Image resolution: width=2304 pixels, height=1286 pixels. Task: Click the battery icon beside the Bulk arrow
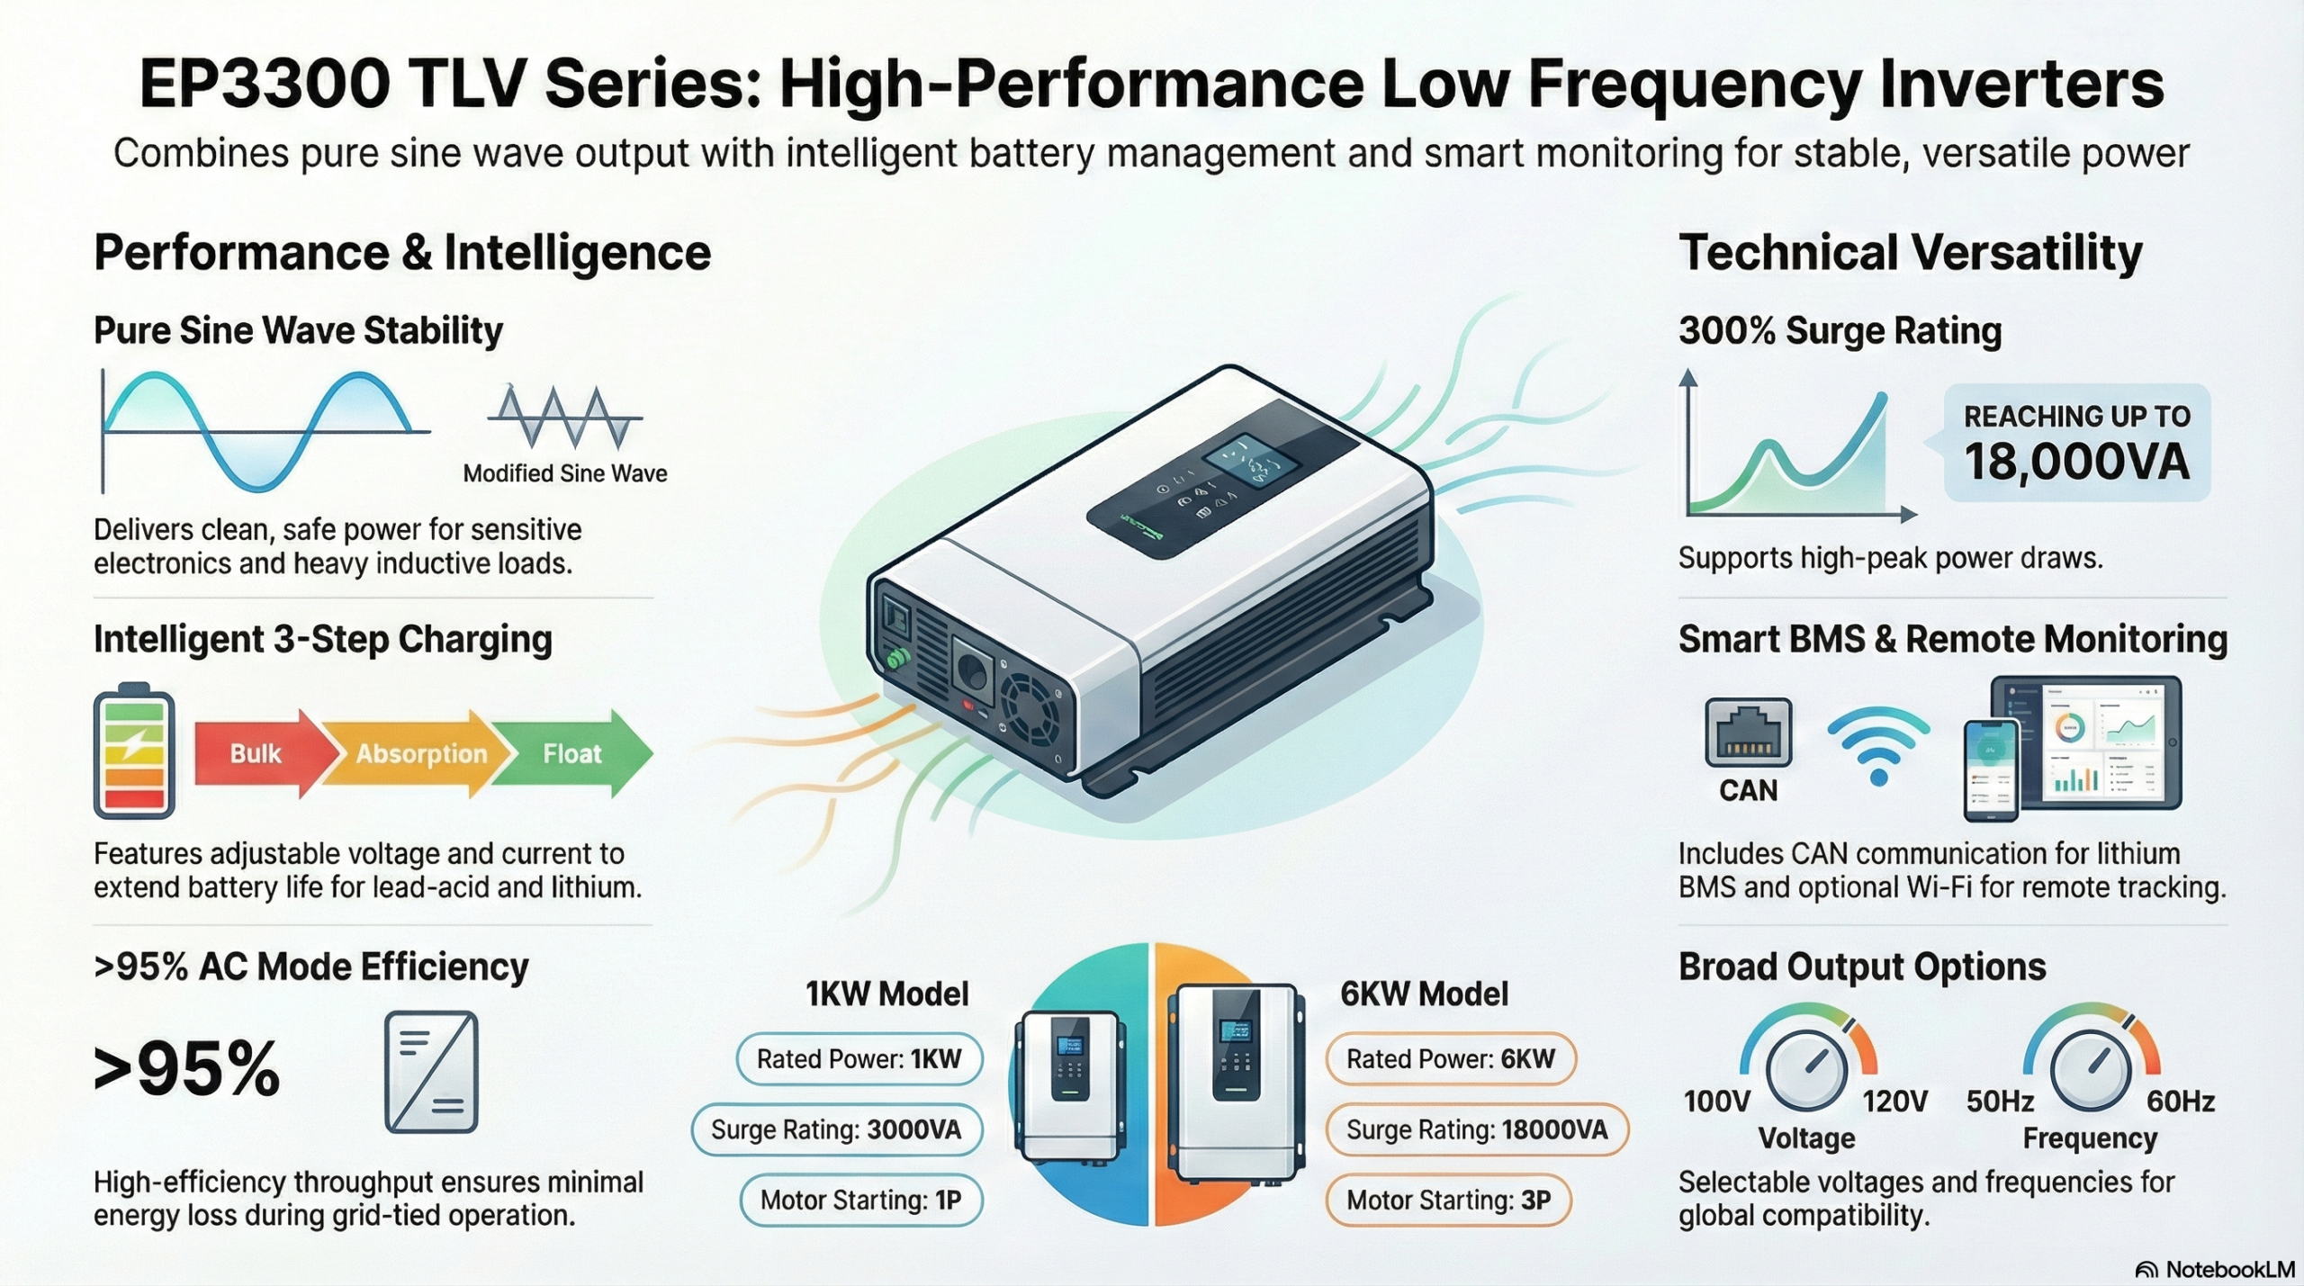click(x=134, y=751)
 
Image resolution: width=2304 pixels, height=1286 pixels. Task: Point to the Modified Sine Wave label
click(x=565, y=473)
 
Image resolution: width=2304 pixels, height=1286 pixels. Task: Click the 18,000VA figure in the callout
click(x=2076, y=463)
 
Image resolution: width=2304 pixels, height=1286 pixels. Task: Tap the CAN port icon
click(x=1748, y=732)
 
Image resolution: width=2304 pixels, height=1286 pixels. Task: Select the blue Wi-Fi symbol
click(x=1878, y=745)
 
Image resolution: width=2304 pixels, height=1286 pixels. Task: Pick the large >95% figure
click(x=187, y=1069)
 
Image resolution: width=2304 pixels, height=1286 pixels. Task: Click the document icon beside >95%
click(x=431, y=1072)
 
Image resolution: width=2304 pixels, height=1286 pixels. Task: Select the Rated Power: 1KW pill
click(x=859, y=1059)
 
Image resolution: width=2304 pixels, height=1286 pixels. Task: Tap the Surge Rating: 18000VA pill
click(x=1477, y=1129)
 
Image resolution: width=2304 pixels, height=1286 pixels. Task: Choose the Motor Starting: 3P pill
click(x=1448, y=1200)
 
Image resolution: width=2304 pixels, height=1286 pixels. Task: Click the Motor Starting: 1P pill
click(x=861, y=1200)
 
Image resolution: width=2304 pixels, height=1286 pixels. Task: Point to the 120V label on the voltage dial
click(x=1894, y=1102)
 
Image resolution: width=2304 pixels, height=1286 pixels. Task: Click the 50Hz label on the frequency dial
click(x=2000, y=1102)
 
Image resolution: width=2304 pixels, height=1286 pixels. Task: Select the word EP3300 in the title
click(x=265, y=85)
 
